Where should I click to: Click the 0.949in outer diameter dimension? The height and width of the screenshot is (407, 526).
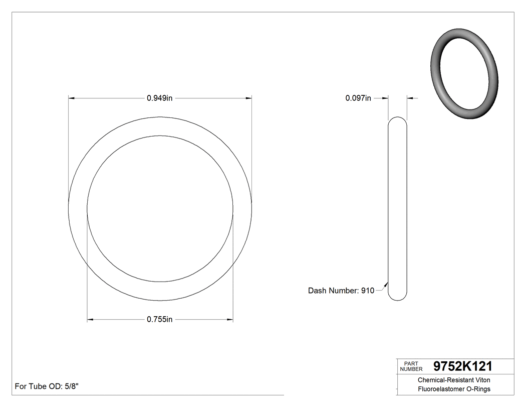point(159,98)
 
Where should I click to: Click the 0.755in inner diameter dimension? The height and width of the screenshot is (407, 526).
point(159,319)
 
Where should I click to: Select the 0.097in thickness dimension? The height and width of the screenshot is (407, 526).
point(358,98)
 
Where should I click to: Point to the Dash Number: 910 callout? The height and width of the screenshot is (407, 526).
point(341,291)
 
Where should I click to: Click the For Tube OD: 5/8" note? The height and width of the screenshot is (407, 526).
point(47,386)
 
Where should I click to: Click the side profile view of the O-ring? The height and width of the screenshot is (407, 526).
point(398,208)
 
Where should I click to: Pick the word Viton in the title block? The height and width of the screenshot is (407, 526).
point(481,380)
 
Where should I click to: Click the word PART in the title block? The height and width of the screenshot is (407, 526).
point(411,363)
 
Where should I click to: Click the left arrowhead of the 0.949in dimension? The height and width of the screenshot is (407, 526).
point(71,98)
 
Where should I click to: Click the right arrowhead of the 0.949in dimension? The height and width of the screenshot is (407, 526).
point(249,98)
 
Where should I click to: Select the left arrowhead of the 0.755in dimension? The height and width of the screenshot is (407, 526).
point(90,319)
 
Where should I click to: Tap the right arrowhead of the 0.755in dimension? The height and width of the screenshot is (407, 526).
point(230,319)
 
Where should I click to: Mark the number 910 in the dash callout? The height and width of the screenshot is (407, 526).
point(368,291)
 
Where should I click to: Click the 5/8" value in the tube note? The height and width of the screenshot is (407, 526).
point(70,386)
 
